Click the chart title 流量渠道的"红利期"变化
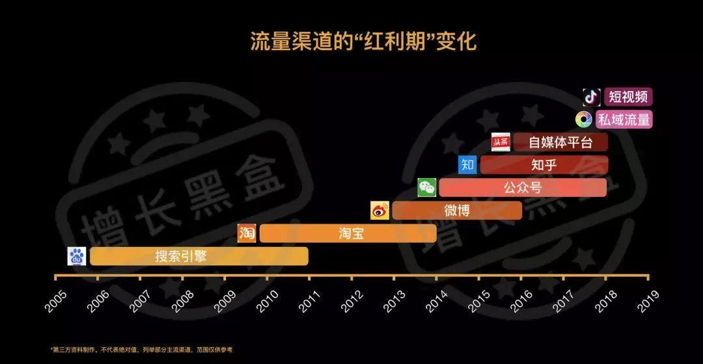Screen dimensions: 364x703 point(363,42)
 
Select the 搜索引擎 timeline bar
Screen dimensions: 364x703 point(199,256)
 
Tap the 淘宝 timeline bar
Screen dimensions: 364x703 point(348,233)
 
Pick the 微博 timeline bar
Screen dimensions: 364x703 point(456,211)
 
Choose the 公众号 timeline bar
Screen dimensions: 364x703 point(522,188)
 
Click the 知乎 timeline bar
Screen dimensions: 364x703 point(544,165)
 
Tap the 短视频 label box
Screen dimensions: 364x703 point(628,97)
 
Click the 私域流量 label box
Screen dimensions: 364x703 point(628,120)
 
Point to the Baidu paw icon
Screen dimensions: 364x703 point(77,257)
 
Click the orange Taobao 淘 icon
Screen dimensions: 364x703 point(247,233)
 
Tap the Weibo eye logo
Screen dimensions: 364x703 point(379,211)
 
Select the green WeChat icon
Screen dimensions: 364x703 point(427,188)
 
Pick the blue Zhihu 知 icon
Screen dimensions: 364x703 point(467,165)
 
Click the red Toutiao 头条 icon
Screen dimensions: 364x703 point(501,142)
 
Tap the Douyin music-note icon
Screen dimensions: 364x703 point(591,97)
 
